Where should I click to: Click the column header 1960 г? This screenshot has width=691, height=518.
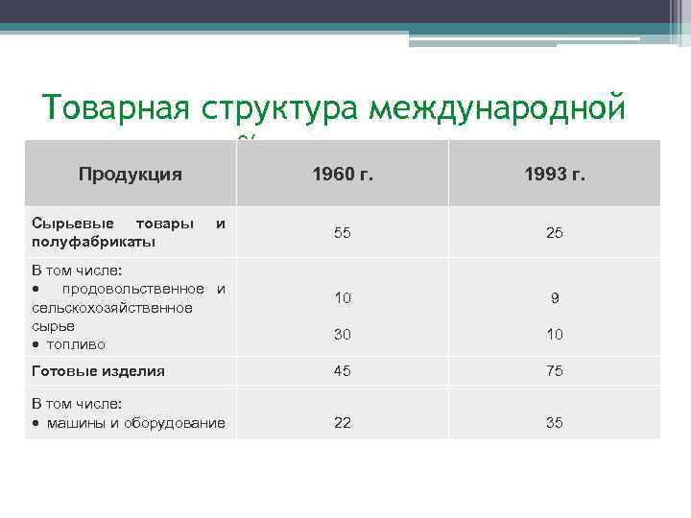tap(343, 176)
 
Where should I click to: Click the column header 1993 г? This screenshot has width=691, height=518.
tap(555, 176)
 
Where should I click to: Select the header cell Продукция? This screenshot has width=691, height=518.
tap(131, 174)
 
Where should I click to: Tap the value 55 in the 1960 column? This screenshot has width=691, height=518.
tap(343, 232)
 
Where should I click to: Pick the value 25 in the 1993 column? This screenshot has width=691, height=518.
tap(555, 232)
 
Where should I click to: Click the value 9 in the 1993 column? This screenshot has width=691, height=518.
tap(555, 298)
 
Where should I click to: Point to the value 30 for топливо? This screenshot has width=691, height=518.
tap(343, 334)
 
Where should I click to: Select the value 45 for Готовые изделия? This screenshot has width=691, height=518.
tap(343, 370)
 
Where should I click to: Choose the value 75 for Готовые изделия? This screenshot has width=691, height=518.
tap(555, 370)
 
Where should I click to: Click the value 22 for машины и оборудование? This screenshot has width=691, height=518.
tap(343, 423)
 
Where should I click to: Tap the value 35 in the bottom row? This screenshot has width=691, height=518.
tap(555, 423)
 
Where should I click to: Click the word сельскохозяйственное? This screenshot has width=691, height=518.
tap(111, 307)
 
